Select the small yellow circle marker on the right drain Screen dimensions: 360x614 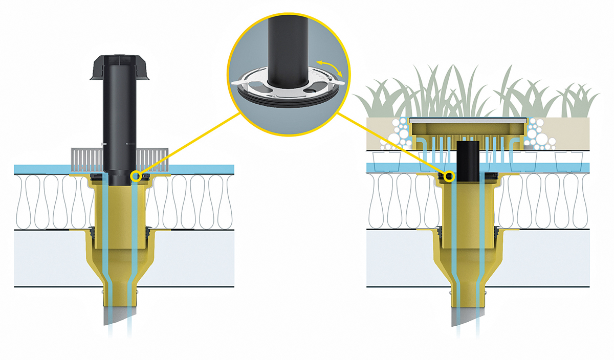coord(449,176)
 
